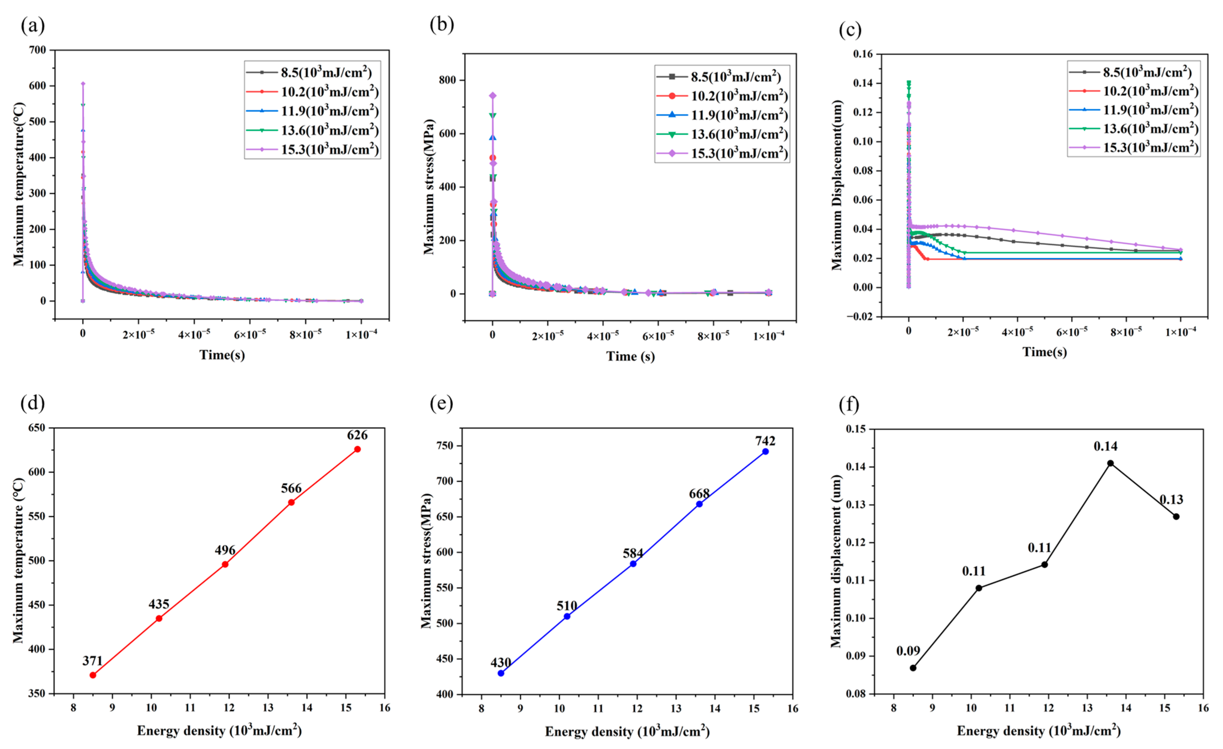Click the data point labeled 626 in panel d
[358, 449]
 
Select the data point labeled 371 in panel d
[93, 675]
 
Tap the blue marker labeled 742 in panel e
[766, 451]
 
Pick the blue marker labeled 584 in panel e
[633, 564]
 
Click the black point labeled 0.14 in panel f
[1110, 463]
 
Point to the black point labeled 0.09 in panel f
[913, 668]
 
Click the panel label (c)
[850, 30]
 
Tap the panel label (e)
[441, 404]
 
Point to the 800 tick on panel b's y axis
[447, 80]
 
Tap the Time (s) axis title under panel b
[630, 357]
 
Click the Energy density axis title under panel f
[1038, 731]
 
